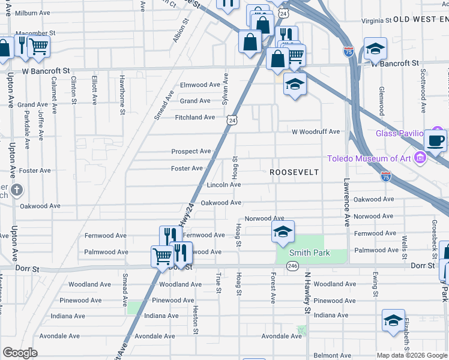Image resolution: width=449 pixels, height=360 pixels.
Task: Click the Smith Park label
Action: (310, 253)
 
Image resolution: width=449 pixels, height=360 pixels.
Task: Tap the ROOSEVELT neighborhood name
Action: (294, 172)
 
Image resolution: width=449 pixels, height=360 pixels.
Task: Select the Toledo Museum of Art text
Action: (369, 158)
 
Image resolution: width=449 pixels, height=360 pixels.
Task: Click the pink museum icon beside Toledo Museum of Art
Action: (420, 158)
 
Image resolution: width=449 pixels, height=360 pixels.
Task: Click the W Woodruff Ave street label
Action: (316, 132)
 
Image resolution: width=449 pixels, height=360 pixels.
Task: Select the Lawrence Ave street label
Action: (346, 202)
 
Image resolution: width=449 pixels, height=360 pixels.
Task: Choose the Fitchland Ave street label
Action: (194, 118)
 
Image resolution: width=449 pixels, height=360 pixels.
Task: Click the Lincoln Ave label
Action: (224, 185)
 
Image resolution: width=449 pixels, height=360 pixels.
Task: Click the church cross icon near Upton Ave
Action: (17, 190)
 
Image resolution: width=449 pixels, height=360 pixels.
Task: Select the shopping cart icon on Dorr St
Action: (162, 256)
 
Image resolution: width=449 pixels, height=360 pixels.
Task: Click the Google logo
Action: (20, 353)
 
